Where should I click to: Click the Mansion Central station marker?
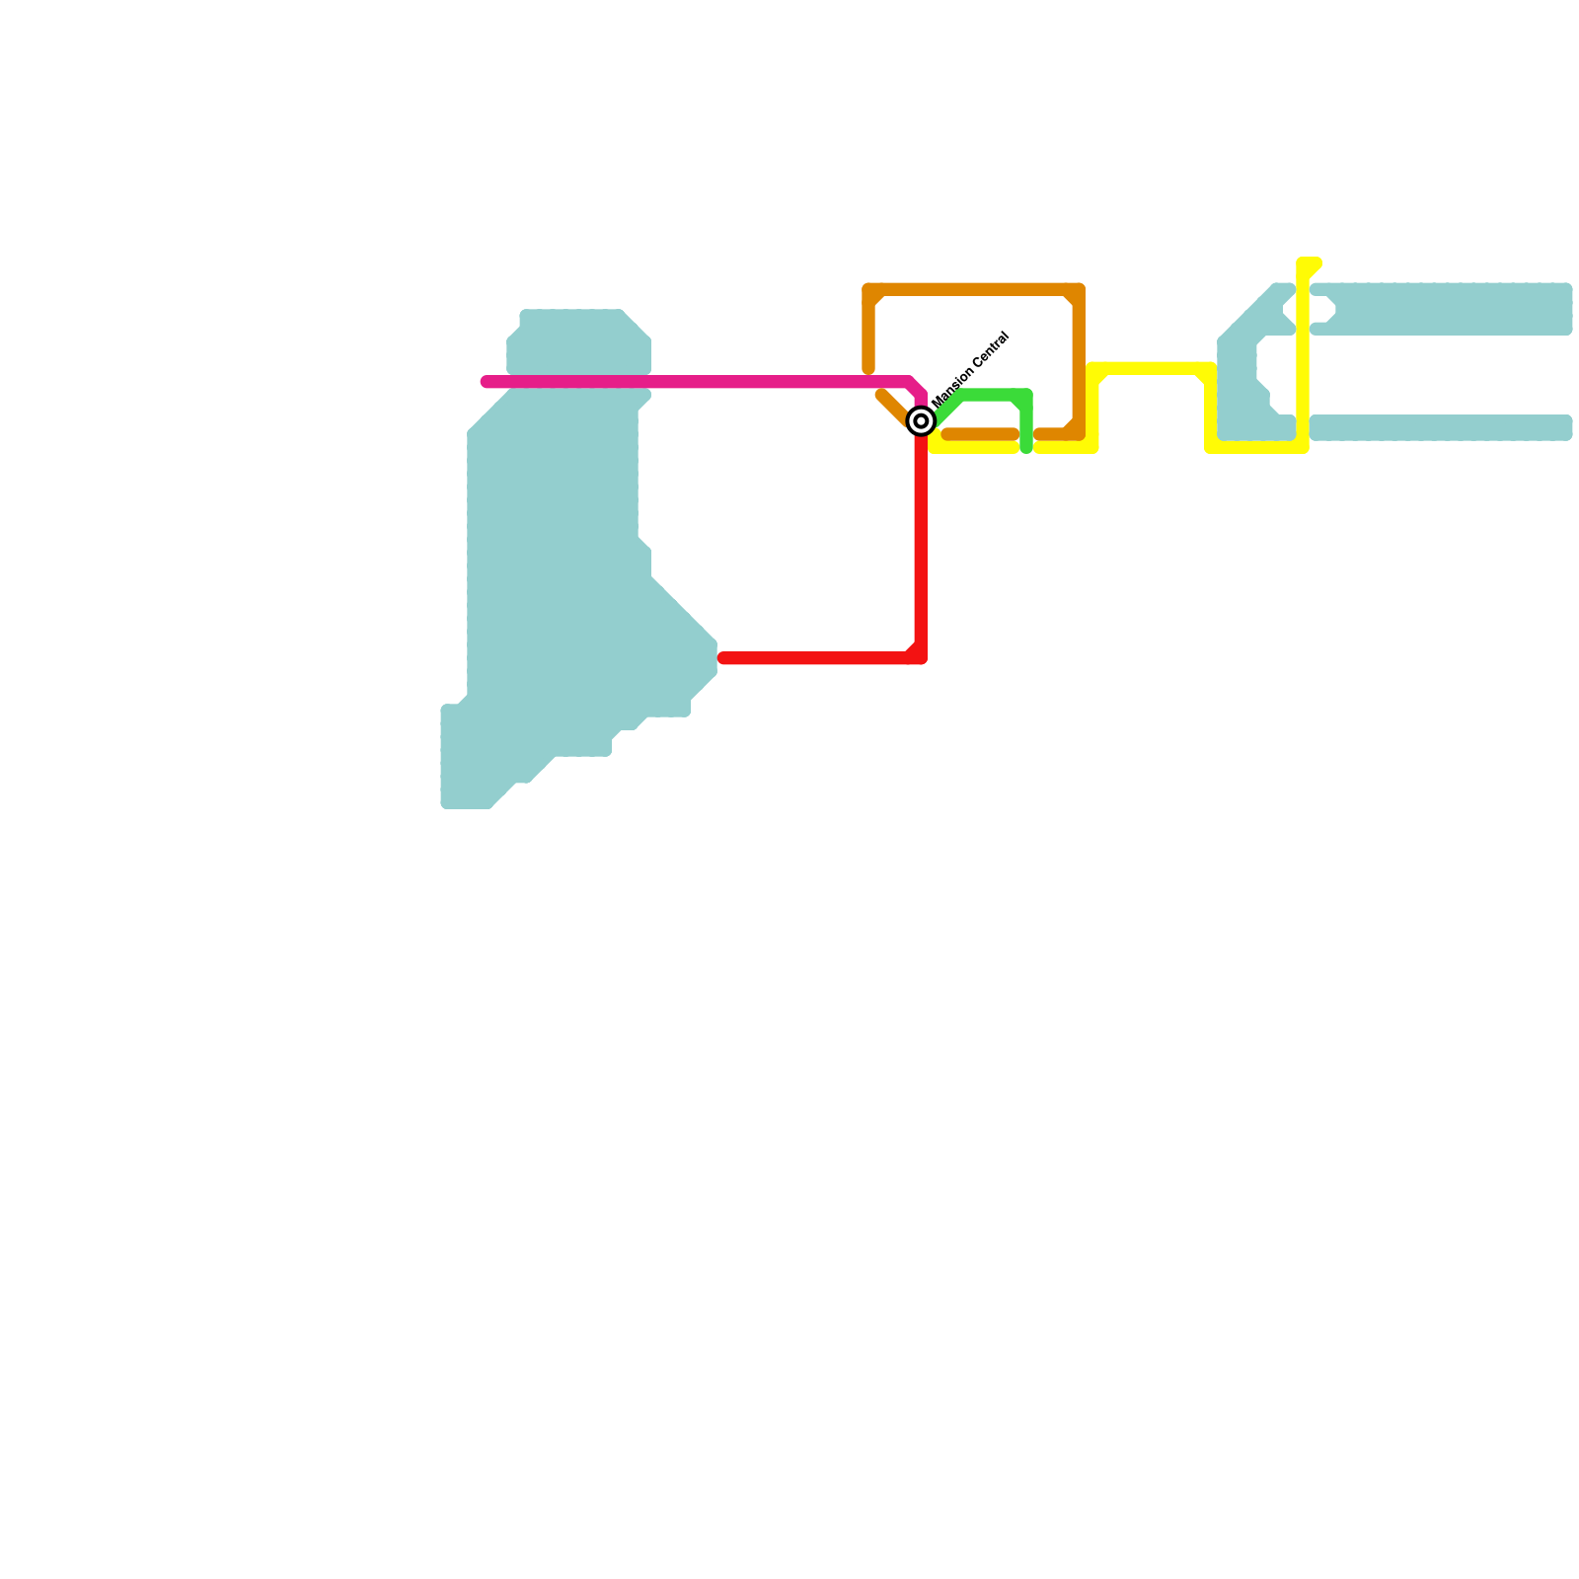(x=921, y=421)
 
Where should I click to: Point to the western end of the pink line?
(x=486, y=382)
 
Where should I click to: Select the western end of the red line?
(x=723, y=658)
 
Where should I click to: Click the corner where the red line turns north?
(x=920, y=657)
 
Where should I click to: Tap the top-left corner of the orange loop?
(x=869, y=290)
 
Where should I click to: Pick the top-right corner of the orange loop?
(x=1079, y=290)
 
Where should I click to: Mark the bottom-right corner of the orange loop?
(x=1079, y=434)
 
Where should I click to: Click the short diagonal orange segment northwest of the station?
(x=892, y=408)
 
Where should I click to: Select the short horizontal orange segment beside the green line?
(x=980, y=434)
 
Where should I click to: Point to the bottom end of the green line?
(x=1026, y=448)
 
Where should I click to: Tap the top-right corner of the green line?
(x=1026, y=396)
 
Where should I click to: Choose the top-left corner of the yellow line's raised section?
(x=1093, y=370)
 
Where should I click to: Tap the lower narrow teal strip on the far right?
(x=1441, y=427)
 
